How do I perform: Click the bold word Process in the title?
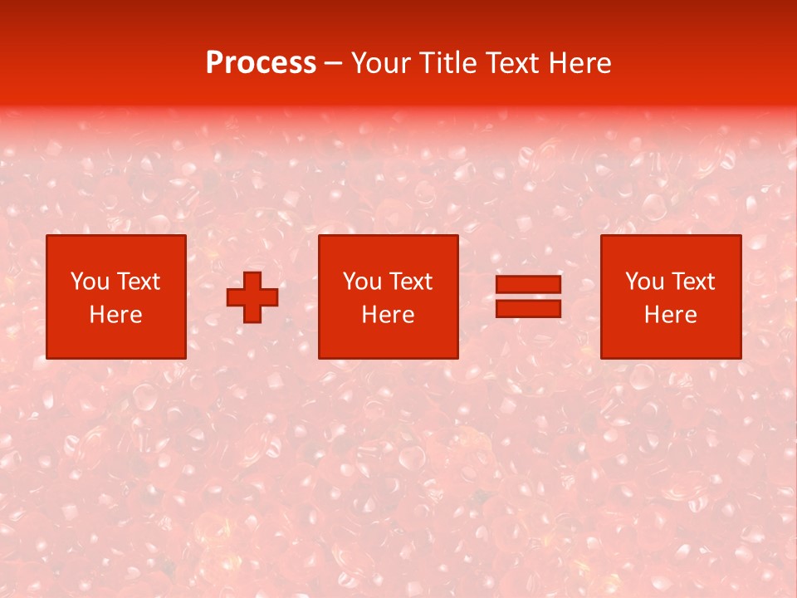coord(261,63)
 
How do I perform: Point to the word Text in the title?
coord(511,63)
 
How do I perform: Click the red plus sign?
coord(252,297)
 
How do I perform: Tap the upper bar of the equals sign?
coord(528,285)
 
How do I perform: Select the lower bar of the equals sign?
coord(528,309)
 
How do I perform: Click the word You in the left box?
coord(90,282)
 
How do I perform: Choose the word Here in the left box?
coord(115,315)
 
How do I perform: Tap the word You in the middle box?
coord(362,282)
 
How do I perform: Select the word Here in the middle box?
coord(388,315)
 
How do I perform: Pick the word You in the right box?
coord(644,282)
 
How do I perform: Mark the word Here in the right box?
coord(670,315)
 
